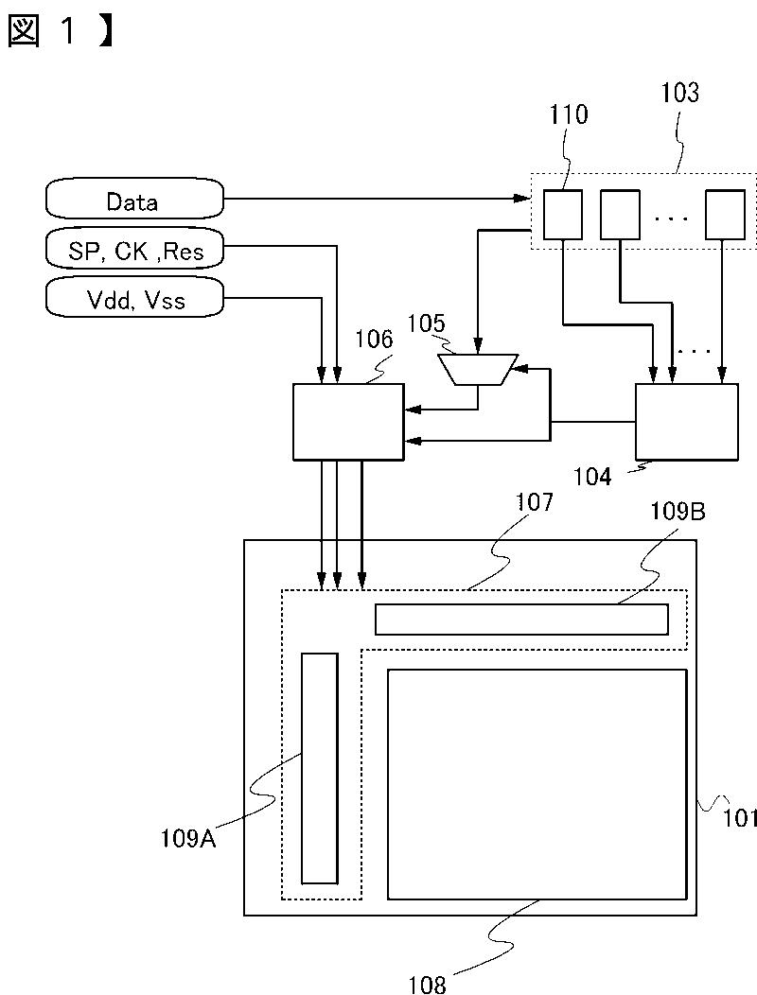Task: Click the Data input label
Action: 132,201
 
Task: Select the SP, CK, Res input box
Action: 134,250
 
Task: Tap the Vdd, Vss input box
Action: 134,298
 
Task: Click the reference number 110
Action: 569,114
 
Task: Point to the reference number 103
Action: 679,93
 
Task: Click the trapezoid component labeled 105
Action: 479,369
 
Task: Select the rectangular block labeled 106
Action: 348,421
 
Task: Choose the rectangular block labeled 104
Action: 687,421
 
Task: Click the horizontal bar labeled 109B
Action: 521,620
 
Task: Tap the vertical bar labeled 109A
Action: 320,768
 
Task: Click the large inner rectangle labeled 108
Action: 537,784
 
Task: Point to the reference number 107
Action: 534,502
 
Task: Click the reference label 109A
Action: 188,839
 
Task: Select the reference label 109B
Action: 678,512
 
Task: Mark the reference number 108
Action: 428,984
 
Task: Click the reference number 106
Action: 374,340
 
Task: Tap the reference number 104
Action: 592,477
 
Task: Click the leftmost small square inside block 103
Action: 563,215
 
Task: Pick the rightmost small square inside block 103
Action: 725,215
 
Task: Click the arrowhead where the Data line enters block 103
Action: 522,199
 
